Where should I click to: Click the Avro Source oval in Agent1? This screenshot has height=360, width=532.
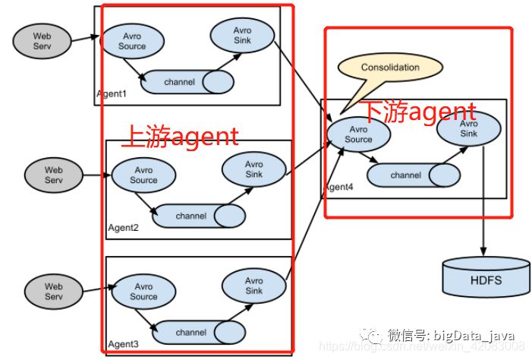pos(132,41)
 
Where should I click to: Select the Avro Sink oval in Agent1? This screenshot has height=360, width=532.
pos(241,35)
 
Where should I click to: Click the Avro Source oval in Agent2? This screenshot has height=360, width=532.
pos(143,175)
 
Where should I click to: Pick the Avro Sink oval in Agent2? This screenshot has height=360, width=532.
pos(253,169)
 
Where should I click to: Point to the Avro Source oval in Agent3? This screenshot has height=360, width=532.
pos(143,291)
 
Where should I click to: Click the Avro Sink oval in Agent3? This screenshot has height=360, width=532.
pos(253,286)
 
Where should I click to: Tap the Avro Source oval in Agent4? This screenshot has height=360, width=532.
pos(358,134)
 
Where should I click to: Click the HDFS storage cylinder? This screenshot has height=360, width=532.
pos(486,278)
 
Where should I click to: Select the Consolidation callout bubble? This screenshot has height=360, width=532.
pos(390,68)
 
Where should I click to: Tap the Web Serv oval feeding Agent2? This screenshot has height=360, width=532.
pos(53,175)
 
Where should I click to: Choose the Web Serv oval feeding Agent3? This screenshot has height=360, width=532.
pos(53,292)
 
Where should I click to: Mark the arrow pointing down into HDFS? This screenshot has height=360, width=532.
pos(483,228)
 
